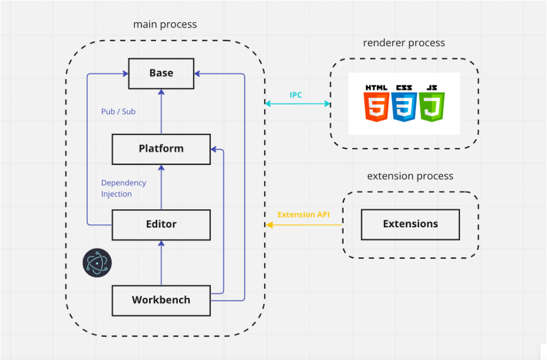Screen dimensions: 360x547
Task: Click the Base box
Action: tap(161, 73)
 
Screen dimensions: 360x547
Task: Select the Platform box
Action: tap(161, 148)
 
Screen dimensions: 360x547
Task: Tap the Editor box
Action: tap(161, 224)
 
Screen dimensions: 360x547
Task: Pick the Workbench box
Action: tap(161, 300)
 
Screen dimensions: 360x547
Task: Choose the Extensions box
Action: tap(410, 224)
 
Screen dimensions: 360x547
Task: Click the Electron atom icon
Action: tap(96, 262)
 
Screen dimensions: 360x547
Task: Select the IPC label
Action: tap(296, 95)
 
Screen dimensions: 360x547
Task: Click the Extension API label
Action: tap(303, 214)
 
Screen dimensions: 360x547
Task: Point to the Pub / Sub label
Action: tap(118, 111)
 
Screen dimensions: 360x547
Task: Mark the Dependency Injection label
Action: tap(123, 188)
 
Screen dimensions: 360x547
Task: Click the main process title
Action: tap(165, 25)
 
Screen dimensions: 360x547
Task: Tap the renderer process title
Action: tap(404, 43)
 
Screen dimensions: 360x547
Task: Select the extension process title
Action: tap(410, 176)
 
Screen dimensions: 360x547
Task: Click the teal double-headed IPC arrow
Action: tap(297, 104)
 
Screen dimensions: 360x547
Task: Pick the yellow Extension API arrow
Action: tap(304, 224)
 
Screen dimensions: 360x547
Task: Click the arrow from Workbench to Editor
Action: tap(161, 263)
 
